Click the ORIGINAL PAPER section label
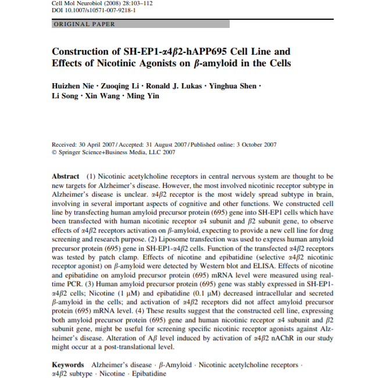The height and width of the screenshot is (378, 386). point(84,24)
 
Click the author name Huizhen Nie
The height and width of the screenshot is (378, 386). point(74,86)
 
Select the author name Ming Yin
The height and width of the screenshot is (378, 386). point(142,95)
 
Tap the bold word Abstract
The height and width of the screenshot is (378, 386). point(66,176)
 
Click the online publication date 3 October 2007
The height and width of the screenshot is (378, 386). point(253,145)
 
